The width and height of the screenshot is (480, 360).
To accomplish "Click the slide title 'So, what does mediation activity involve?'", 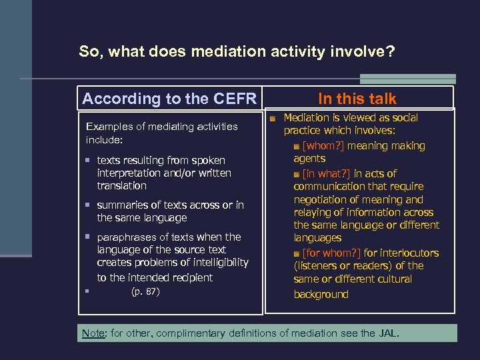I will (237, 51).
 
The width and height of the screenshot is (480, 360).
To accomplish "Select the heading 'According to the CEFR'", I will (169, 99).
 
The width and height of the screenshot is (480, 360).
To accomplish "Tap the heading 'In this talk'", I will (357, 99).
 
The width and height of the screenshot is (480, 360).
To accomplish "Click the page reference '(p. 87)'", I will (145, 291).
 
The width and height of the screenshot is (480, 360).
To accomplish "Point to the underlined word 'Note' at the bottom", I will (93, 333).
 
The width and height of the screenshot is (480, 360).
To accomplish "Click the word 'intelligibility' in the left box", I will (215, 263).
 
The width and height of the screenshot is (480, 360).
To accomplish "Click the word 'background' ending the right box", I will (321, 295).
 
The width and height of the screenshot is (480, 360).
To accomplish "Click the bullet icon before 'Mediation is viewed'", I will (273, 119).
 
